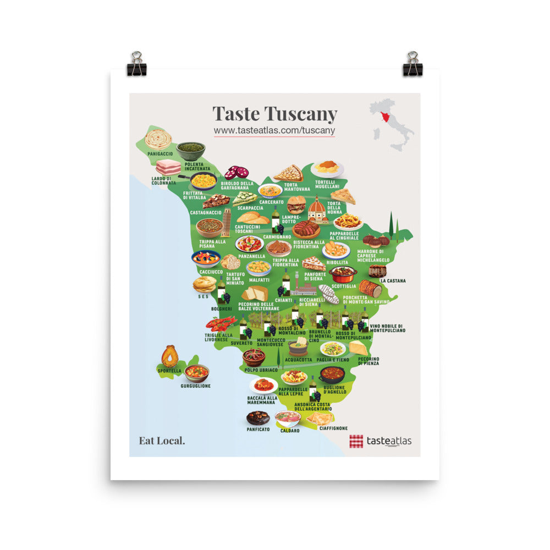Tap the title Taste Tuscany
[274, 114]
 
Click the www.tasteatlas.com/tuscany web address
[274, 130]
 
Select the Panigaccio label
[159, 153]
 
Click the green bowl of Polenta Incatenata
[191, 150]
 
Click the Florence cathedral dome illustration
[317, 209]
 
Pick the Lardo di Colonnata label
[164, 181]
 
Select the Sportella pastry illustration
[170, 356]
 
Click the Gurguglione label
[195, 386]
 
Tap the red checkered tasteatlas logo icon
[356, 441]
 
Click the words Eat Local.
[162, 440]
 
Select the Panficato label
[258, 429]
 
